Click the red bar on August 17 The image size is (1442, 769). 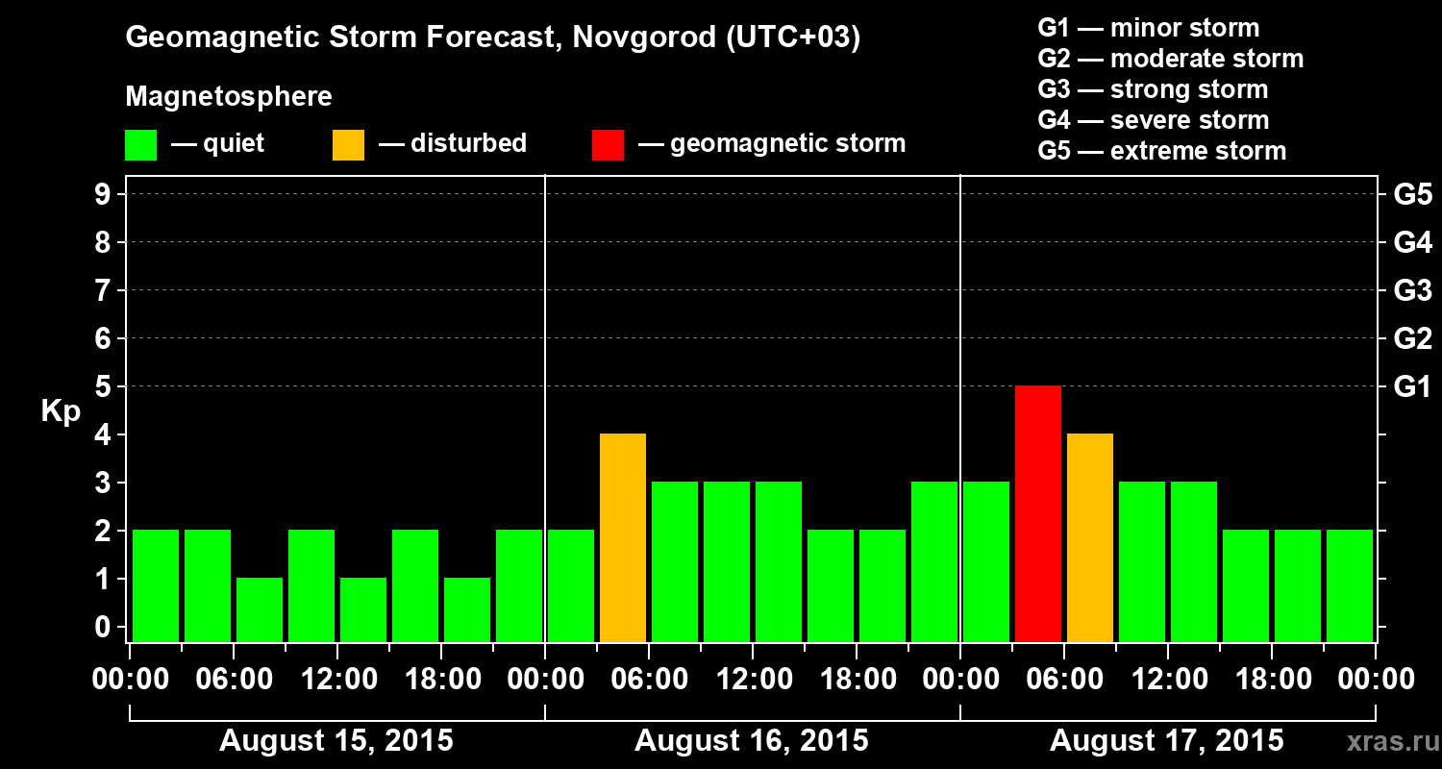(x=1038, y=513)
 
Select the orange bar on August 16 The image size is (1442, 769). (x=623, y=537)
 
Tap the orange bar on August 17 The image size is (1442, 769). (x=1090, y=537)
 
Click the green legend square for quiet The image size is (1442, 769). (x=140, y=145)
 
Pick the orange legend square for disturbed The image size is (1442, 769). (x=348, y=145)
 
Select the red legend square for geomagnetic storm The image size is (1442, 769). (x=608, y=145)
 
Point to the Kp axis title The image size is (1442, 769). (x=61, y=411)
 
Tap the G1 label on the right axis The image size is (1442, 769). (x=1412, y=387)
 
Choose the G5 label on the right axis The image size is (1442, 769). (x=1412, y=195)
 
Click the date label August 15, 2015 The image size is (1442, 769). (x=336, y=741)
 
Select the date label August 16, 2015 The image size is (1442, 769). (x=752, y=741)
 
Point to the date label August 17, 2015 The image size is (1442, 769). (x=1166, y=741)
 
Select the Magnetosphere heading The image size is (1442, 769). (x=229, y=97)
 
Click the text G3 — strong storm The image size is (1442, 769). (x=1153, y=89)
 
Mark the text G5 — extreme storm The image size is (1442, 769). (x=1161, y=151)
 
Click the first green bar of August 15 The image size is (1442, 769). (x=156, y=585)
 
